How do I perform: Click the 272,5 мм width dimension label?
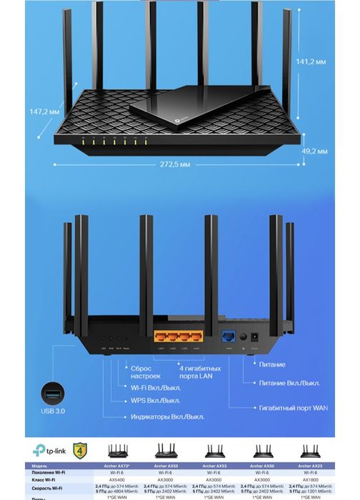pyautogui.click(x=176, y=164)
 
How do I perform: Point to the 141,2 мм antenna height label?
pyautogui.click(x=311, y=62)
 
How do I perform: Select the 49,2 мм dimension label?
pyautogui.click(x=314, y=151)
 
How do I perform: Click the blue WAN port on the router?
pyautogui.click(x=230, y=336)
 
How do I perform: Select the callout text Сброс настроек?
pyautogui.click(x=146, y=371)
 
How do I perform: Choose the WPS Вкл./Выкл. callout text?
pyautogui.click(x=155, y=401)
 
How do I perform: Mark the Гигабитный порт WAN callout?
pyautogui.click(x=293, y=408)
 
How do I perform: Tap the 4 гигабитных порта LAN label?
pyautogui.click(x=199, y=371)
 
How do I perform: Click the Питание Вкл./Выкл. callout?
pyautogui.click(x=289, y=383)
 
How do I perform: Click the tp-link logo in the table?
pyautogui.click(x=46, y=451)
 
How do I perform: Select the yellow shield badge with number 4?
pyautogui.click(x=80, y=451)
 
